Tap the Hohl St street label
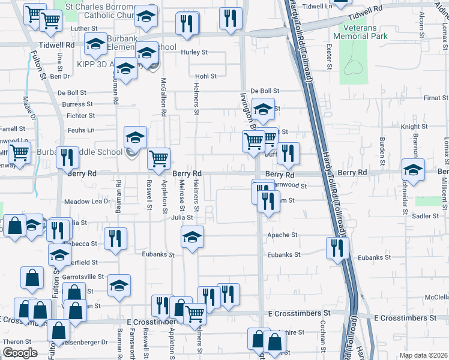tap(205, 76)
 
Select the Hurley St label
tap(194, 52)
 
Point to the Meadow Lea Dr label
tap(88, 202)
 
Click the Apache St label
tap(282, 235)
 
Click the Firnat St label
tap(432, 97)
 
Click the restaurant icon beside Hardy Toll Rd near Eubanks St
tap(337, 247)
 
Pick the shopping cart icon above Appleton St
tap(158, 159)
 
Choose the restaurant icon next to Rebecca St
tap(115, 238)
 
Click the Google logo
tap(19, 353)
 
